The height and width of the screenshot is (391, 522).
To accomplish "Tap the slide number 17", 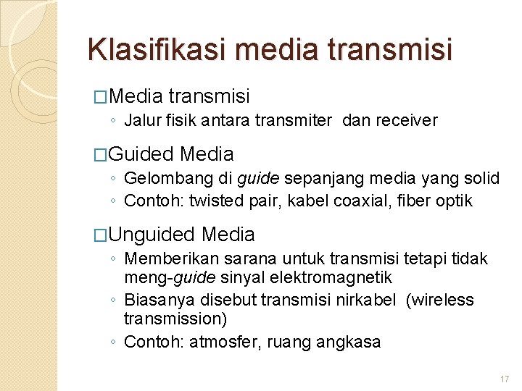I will [505, 379].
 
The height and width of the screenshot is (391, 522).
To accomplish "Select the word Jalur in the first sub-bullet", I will [143, 120].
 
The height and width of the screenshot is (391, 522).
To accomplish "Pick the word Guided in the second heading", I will [141, 154].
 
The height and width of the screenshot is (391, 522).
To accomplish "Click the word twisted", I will [215, 201].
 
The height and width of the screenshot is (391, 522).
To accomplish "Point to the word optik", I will [453, 201].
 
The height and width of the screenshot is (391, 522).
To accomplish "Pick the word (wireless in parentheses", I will [441, 300].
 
